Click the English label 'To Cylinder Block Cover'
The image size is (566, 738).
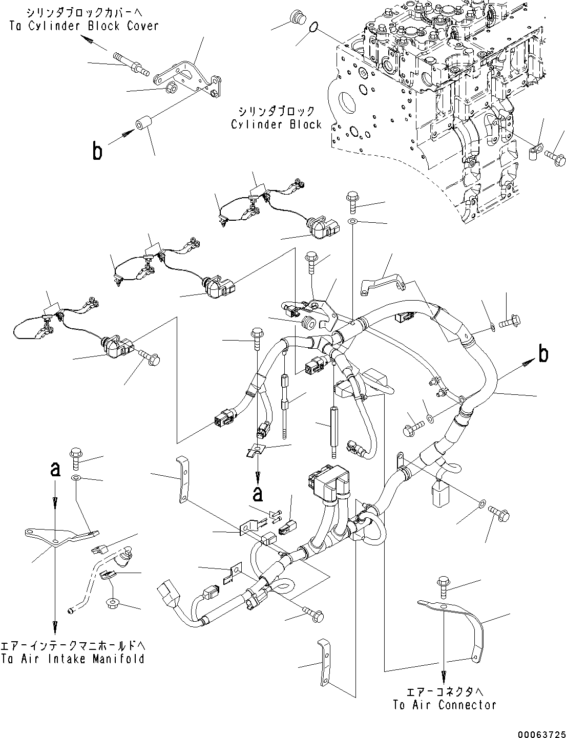[84, 26]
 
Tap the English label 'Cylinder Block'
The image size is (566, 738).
[276, 124]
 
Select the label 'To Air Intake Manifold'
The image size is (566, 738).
[72, 659]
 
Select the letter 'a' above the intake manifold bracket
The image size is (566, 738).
[55, 469]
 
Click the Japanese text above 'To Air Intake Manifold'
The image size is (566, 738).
[72, 645]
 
